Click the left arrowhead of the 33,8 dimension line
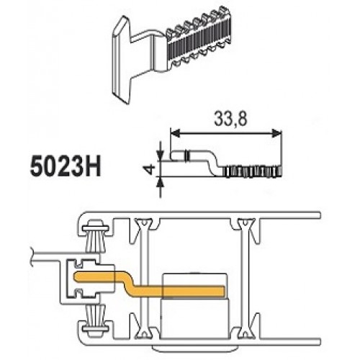click(x=175, y=132)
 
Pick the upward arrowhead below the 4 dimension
click(x=160, y=182)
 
